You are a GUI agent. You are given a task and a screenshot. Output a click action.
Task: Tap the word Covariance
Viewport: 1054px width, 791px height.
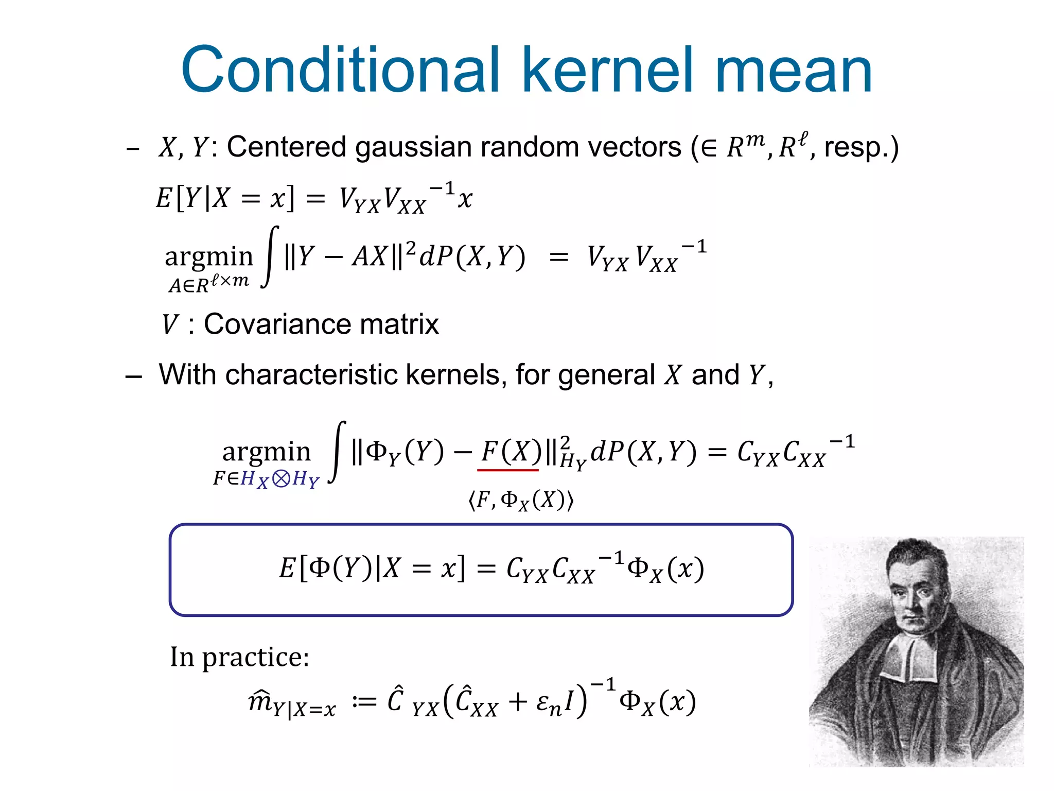pos(277,324)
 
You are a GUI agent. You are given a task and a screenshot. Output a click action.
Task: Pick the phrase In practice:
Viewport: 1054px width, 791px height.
pos(240,657)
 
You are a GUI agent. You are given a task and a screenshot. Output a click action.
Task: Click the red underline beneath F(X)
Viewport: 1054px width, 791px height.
pos(508,470)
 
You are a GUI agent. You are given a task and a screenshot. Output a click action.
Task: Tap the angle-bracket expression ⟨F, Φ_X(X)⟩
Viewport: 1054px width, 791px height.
pos(521,500)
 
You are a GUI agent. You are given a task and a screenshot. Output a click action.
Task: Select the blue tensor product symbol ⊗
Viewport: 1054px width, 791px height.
pos(280,479)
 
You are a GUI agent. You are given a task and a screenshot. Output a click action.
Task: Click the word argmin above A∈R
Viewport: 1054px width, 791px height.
pos(209,256)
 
